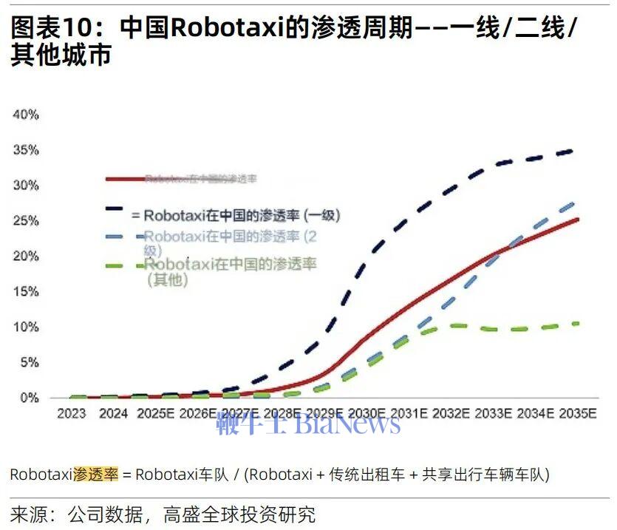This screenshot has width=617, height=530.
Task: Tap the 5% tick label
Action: coord(29,362)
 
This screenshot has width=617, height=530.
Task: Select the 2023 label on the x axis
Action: coord(72,414)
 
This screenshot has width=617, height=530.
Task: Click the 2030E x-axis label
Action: coord(367,414)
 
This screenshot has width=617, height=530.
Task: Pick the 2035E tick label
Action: coord(577,414)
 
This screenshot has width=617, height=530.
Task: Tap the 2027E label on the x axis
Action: coord(240,414)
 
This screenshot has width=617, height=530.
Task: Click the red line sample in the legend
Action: coord(124,178)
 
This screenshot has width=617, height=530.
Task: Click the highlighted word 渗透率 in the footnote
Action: coord(95,475)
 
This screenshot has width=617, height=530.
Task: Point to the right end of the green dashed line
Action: coord(578,323)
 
